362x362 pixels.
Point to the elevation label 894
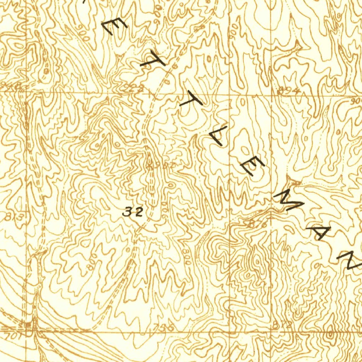[288, 91]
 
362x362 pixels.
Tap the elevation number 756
[161, 328]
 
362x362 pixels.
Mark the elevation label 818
[282, 325]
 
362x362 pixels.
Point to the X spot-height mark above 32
[150, 165]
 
